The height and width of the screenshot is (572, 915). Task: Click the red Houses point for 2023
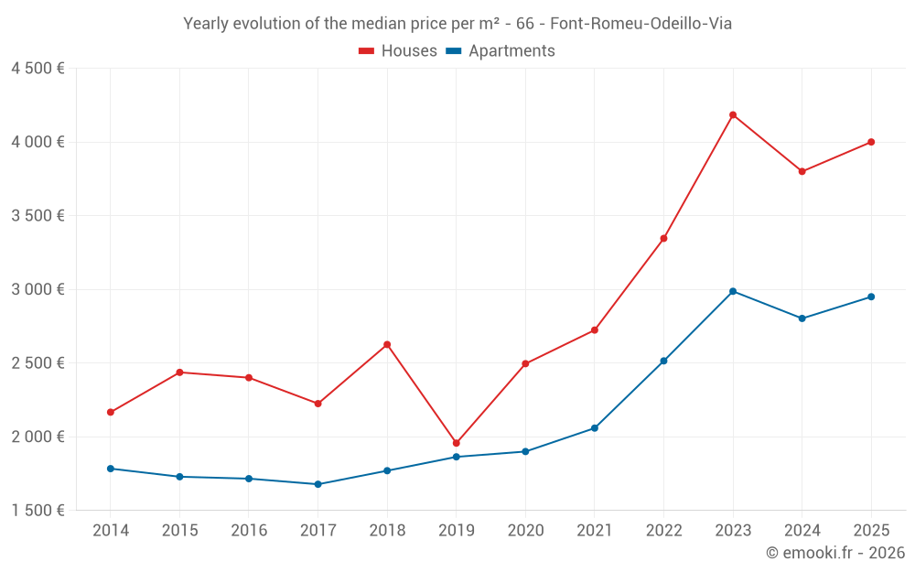[733, 114]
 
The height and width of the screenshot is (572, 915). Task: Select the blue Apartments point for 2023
[733, 291]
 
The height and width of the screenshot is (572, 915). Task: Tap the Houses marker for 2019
[457, 443]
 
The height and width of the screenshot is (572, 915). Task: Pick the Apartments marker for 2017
[318, 484]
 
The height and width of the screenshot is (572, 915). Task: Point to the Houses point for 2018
[387, 344]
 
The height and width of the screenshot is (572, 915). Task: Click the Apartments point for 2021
[595, 428]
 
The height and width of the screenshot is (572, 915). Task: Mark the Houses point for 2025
[871, 142]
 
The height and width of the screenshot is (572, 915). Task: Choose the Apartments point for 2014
[111, 469]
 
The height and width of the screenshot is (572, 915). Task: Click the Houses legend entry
[398, 51]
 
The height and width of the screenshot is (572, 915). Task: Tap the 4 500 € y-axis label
[38, 69]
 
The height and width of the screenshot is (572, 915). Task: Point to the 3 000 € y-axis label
[38, 289]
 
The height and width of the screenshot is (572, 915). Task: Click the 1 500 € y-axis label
[38, 511]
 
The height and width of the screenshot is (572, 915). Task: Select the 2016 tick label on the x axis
[249, 530]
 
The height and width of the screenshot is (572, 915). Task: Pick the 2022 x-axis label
[663, 530]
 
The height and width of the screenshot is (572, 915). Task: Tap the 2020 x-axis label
[525, 530]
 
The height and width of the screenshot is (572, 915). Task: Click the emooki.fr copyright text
[834, 553]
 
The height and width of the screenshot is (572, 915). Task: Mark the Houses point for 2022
[663, 238]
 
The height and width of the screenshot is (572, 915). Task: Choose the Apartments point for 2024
[802, 318]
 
